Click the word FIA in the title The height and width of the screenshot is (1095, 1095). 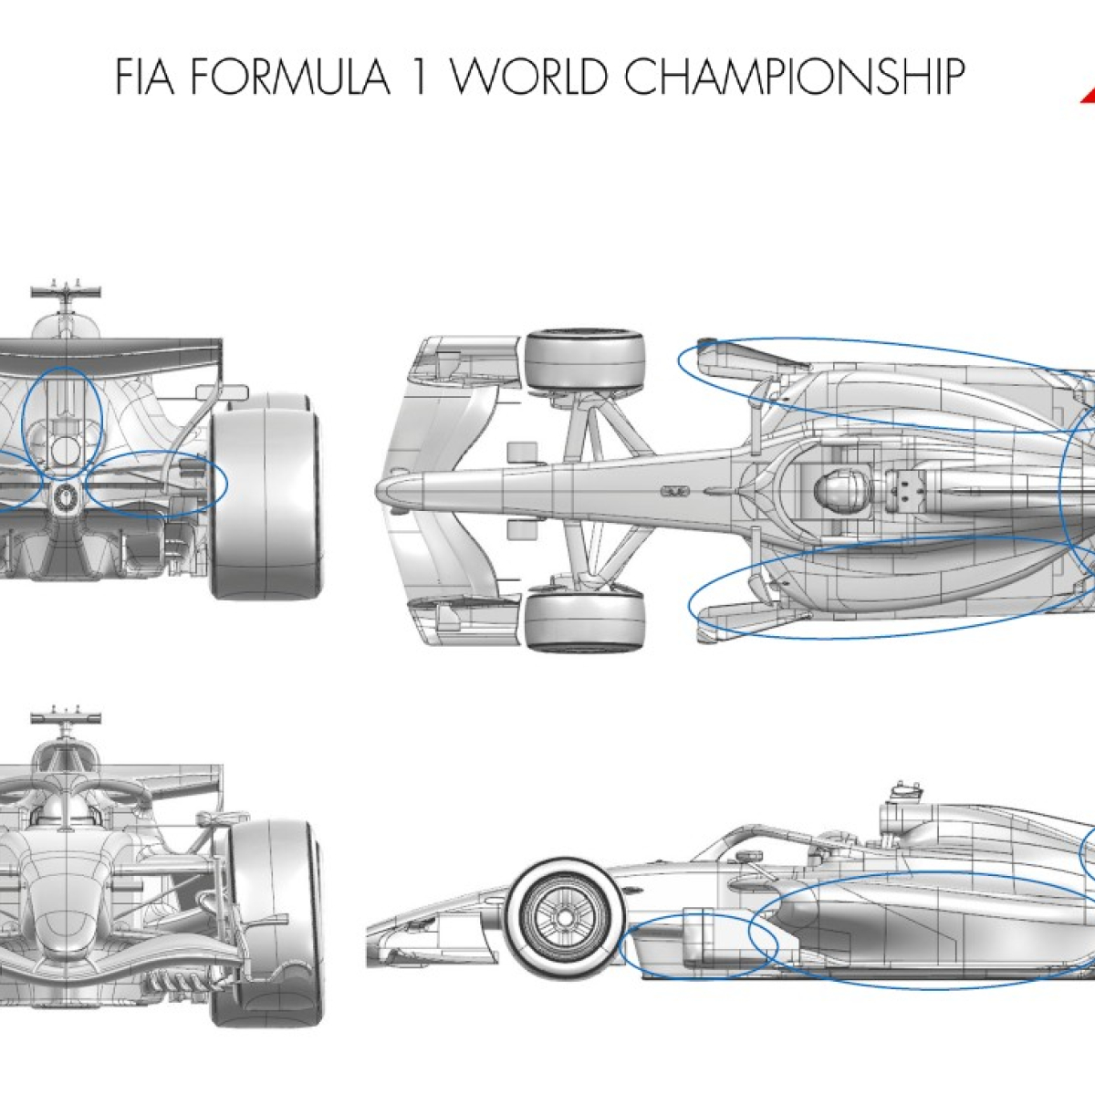point(144,76)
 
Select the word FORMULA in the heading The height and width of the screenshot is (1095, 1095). point(290,76)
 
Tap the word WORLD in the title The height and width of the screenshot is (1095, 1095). point(528,76)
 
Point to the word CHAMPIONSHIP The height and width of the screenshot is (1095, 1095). point(795,76)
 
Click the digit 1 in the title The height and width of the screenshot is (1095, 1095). point(420,76)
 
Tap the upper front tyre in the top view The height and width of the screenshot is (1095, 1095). point(584,360)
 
